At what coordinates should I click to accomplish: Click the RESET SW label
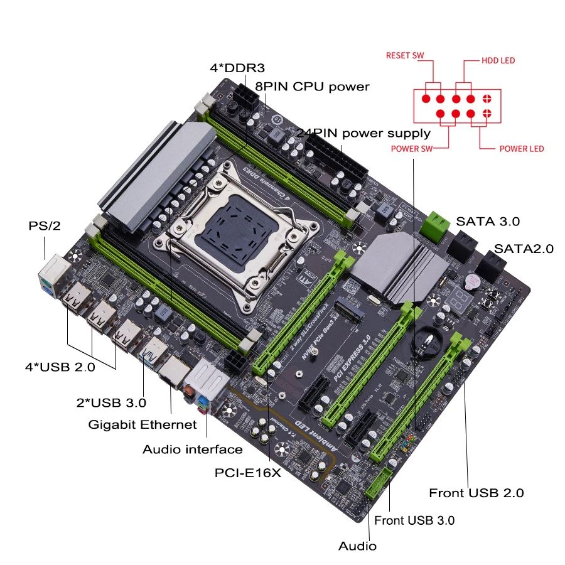(x=405, y=55)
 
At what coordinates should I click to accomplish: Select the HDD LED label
(x=498, y=61)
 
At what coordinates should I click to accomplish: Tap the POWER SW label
(x=412, y=149)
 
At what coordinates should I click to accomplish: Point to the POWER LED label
(x=521, y=149)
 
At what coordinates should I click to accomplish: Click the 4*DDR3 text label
(x=234, y=67)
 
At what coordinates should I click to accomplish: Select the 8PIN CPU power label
(x=312, y=86)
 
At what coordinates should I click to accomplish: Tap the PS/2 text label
(x=45, y=225)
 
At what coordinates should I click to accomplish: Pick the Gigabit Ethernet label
(x=143, y=424)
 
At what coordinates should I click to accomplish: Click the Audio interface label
(x=192, y=449)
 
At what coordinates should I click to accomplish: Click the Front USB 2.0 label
(x=476, y=493)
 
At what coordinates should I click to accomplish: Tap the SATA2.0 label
(x=524, y=248)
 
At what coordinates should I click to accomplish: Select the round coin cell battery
(x=427, y=339)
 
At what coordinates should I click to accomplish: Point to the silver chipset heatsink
(x=383, y=264)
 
